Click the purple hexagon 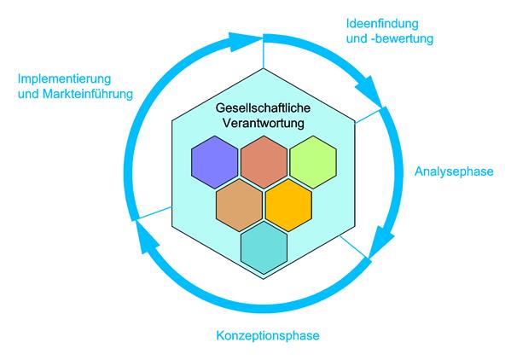click(214, 162)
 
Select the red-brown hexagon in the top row click(264, 162)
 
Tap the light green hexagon click(313, 162)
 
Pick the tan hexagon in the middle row click(239, 205)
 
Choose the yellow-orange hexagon click(288, 205)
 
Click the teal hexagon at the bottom click(264, 248)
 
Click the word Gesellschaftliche click(263, 107)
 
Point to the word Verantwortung click(263, 124)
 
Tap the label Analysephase click(454, 171)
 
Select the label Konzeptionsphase click(268, 335)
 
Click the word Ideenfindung click(382, 23)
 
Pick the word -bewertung click(404, 38)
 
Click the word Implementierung click(64, 78)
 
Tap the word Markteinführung click(88, 94)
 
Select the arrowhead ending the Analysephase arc click(381, 241)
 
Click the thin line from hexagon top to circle click(263, 54)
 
